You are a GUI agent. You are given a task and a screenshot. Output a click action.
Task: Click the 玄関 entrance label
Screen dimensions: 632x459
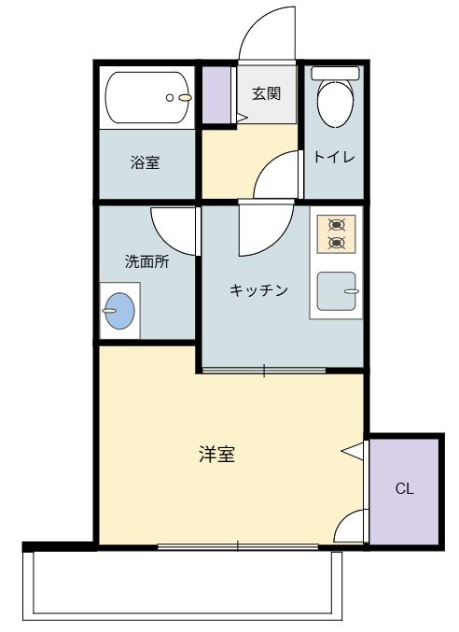pos(267,93)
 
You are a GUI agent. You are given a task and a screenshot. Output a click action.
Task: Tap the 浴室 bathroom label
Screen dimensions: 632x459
pos(145,162)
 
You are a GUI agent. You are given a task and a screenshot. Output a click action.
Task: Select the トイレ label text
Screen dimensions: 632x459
pos(333,157)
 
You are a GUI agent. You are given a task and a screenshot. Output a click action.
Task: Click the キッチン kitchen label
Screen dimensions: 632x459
pos(258,289)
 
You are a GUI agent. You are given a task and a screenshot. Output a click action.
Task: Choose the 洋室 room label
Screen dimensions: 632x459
pos(216,455)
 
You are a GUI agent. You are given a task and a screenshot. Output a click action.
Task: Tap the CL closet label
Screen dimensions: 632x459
pos(404,488)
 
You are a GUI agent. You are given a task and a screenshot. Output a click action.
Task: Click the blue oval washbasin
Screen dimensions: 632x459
pos(118,311)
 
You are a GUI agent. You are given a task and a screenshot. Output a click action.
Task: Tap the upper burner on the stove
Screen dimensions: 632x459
pos(337,225)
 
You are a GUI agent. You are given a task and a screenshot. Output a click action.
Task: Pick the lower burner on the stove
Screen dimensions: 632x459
pos(337,244)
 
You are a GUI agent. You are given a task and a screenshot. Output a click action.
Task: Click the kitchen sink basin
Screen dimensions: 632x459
pos(336,291)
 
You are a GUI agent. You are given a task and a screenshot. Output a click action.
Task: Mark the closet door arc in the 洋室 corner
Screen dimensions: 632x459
pos(351,528)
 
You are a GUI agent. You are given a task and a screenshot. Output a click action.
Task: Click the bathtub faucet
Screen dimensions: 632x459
pos(182,96)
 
